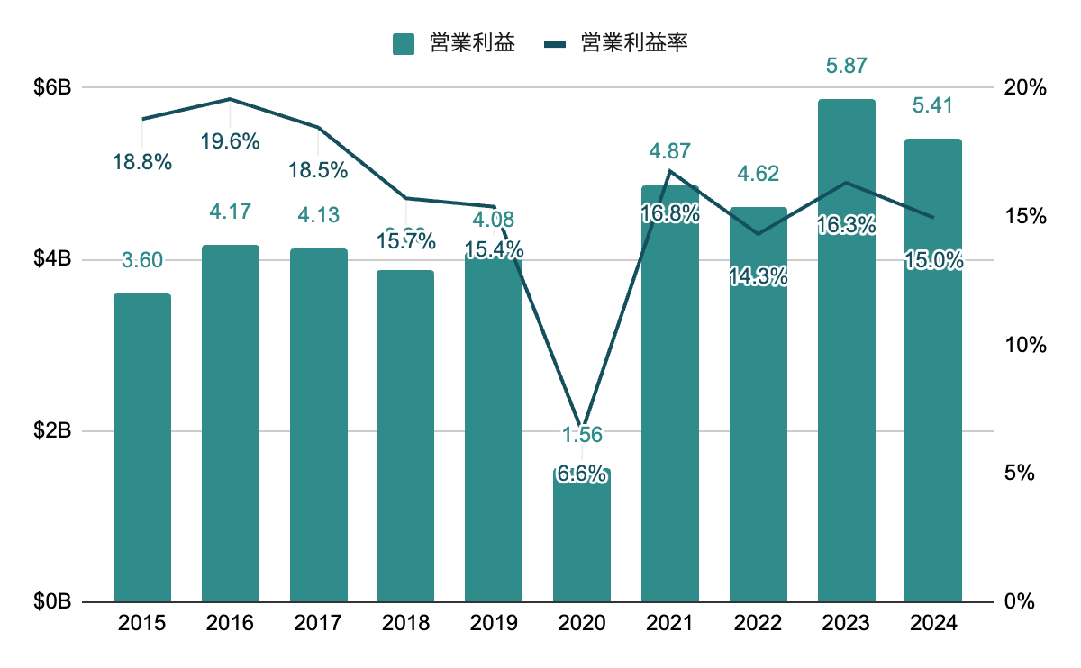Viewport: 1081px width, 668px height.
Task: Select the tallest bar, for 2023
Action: click(x=847, y=351)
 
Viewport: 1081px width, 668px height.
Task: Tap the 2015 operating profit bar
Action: click(x=142, y=447)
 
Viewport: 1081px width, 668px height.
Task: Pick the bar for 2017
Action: click(x=319, y=425)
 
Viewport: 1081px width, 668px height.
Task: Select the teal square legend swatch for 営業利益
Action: click(x=404, y=43)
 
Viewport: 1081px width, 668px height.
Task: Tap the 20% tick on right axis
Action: click(x=1025, y=88)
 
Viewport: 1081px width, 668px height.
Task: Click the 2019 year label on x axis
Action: click(x=494, y=623)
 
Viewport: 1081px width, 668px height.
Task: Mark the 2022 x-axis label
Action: click(x=759, y=623)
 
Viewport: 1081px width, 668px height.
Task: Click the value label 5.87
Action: click(x=847, y=66)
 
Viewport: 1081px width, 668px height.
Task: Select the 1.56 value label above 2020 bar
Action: click(x=582, y=435)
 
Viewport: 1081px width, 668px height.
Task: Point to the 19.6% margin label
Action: click(x=231, y=141)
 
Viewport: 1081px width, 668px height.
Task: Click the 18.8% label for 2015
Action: click(x=142, y=162)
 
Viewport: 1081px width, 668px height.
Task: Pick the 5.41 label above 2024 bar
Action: click(x=932, y=105)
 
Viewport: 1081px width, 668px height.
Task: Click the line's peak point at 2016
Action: click(x=231, y=99)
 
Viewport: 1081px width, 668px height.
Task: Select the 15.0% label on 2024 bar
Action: click(x=933, y=261)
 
